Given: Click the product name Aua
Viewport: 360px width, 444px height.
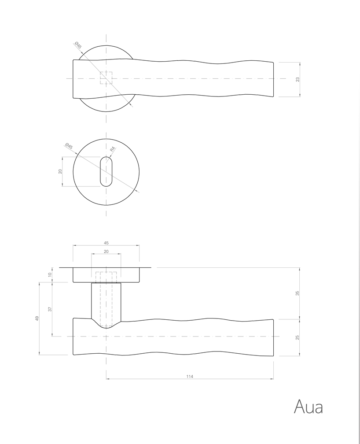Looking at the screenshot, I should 308,407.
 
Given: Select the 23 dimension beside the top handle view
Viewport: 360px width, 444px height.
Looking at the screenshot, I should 298,79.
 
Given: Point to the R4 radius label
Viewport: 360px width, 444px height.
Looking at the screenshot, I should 112,149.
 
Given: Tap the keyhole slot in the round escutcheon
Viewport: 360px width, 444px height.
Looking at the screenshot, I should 106,171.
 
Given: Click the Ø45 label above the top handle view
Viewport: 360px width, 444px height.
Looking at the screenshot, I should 78,44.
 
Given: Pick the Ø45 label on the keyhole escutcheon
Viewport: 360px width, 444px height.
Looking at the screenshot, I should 69,146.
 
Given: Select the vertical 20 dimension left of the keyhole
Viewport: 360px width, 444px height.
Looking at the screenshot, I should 61,171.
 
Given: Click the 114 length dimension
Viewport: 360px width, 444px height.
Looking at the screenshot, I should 190,377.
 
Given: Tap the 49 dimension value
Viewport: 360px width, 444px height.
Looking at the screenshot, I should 37,318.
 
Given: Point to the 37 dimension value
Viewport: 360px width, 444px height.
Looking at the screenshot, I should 50,309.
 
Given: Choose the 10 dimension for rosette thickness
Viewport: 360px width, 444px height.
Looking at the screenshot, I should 50,274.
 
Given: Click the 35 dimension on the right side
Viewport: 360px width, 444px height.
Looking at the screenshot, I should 298,293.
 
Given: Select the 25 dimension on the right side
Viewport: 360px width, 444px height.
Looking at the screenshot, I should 298,337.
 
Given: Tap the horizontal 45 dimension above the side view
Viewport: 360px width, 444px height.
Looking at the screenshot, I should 106,243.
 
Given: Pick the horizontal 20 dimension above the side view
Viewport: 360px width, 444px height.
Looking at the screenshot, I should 106,252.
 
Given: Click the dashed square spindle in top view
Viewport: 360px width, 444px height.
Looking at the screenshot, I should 106,78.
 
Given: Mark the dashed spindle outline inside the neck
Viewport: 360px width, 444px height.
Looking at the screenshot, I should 106,300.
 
